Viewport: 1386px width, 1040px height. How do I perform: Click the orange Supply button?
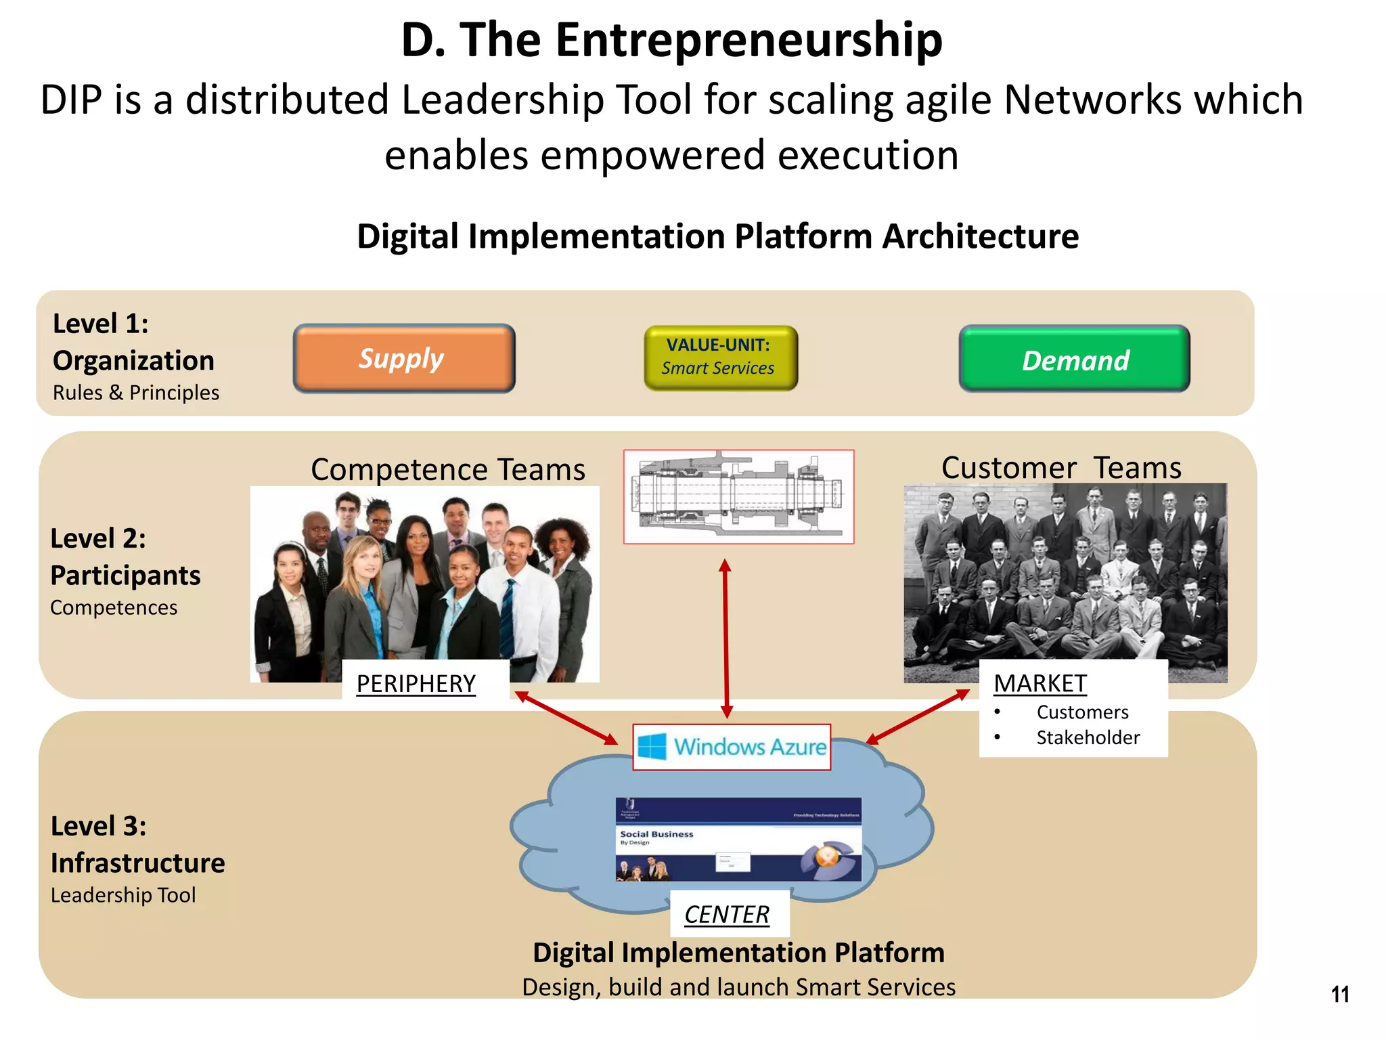403,358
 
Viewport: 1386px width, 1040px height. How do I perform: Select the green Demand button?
1074,359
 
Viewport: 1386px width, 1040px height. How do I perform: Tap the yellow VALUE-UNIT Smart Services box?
720,357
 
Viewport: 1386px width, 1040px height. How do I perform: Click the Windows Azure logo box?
732,747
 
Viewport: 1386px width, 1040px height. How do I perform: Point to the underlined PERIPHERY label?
416,684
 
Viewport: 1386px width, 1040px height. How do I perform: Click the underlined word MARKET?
1039,683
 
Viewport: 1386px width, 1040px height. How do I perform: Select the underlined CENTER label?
727,915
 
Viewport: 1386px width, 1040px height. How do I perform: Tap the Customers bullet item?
1082,712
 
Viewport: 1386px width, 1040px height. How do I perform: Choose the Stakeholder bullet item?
1088,737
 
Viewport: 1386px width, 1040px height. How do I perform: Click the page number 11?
1339,995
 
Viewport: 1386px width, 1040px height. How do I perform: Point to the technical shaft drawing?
738,496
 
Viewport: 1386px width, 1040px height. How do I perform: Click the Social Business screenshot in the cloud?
738,840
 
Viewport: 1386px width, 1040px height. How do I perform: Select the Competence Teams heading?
448,469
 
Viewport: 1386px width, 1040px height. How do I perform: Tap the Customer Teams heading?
1061,468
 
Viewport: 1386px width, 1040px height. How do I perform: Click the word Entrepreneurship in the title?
748,40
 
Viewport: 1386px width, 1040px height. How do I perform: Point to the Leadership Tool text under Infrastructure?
123,895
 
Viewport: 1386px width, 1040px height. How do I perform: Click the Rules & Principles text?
136,393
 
